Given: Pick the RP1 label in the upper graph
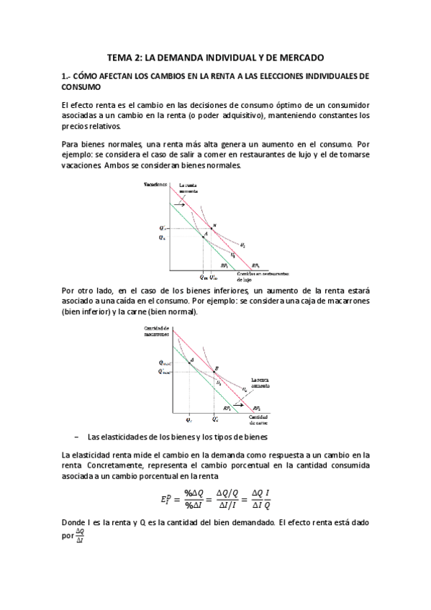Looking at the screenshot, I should coord(225,266).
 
